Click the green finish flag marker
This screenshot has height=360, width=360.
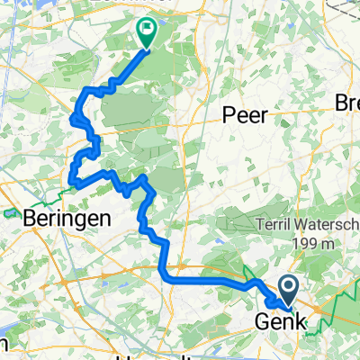pos(146,32)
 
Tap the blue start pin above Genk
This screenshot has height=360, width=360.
pos(290,291)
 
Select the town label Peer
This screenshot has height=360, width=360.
pos(244,115)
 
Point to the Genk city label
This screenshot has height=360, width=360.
pos(283,322)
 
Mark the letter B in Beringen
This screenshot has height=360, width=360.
pos(31,218)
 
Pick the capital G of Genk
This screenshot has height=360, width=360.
pos(264,322)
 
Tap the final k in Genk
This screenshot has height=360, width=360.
pos(301,322)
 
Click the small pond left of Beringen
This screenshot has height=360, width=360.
pos(10,214)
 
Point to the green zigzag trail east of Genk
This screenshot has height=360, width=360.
pos(335,310)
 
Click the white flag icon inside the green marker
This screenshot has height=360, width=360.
pos(146,30)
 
